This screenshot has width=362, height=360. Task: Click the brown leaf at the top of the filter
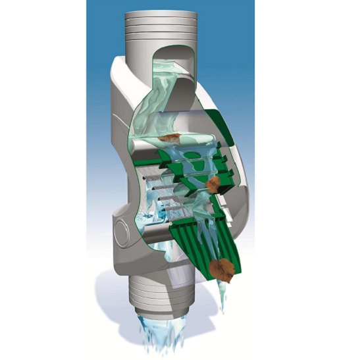[170, 138]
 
